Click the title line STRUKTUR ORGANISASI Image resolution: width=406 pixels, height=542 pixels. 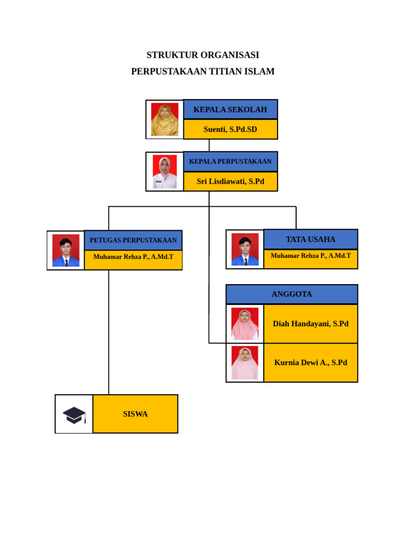(x=202, y=55)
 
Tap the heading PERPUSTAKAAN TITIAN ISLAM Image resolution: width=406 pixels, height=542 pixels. (x=202, y=71)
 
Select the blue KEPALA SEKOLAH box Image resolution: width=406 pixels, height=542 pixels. (x=230, y=110)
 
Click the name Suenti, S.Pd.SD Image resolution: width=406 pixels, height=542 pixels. (x=230, y=129)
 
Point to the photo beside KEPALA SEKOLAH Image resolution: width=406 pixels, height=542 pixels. (x=164, y=119)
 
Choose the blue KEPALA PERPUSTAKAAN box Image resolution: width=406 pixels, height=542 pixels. (x=230, y=161)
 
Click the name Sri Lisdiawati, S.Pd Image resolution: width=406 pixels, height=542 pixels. (x=230, y=181)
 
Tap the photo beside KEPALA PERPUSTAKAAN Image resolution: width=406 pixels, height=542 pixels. (x=164, y=171)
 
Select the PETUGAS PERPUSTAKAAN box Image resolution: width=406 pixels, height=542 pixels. (x=133, y=240)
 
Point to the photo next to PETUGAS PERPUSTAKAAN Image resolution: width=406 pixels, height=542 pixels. (x=66, y=250)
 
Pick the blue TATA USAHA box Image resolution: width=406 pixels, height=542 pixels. (x=310, y=239)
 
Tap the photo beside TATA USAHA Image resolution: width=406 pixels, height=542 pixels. (x=245, y=249)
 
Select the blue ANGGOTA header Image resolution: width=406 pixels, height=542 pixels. (x=292, y=294)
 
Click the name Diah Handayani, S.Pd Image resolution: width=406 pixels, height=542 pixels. (x=310, y=324)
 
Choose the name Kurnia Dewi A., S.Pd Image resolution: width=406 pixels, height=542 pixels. (x=310, y=363)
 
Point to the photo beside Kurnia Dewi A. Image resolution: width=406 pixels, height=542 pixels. (x=245, y=363)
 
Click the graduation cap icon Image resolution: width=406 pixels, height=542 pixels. (x=74, y=414)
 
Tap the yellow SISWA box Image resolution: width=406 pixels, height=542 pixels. (x=135, y=414)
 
